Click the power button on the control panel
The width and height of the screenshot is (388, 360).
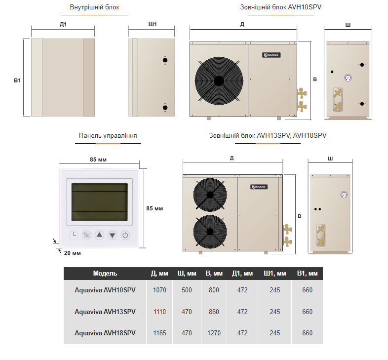125,235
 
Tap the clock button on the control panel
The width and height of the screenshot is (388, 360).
73,235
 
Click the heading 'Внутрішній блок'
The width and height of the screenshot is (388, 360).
94,7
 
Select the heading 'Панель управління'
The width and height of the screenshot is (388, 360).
108,135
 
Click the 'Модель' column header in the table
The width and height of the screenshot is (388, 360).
105,273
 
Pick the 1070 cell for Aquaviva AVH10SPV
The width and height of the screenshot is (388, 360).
160,290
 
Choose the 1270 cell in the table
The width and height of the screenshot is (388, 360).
214,333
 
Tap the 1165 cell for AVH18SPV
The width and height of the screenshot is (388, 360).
160,333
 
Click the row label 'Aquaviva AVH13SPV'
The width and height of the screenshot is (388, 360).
105,312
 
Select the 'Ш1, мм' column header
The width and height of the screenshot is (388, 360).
275,273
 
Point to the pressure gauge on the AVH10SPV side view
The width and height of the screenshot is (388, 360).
348,77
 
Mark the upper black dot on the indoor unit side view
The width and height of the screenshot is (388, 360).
165,60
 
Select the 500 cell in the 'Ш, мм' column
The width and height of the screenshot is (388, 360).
187,290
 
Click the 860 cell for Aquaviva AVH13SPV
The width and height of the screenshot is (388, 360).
214,312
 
